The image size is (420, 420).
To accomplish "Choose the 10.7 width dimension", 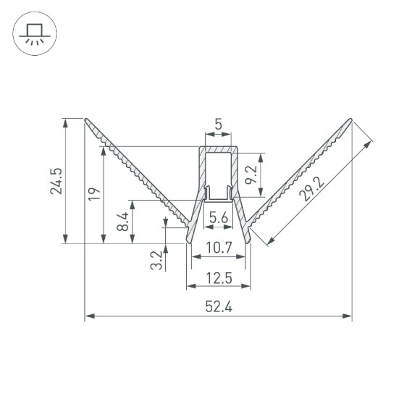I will [218, 248].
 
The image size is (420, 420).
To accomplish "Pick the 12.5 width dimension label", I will [218, 277].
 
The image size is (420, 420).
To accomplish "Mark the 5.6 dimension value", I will [218, 217].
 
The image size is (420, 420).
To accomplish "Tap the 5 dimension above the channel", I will [218, 125].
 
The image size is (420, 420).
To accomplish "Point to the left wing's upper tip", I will [86, 120].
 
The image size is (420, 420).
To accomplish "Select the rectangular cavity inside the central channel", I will [217, 170].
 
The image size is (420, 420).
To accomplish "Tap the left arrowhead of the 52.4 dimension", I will [88, 316].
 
